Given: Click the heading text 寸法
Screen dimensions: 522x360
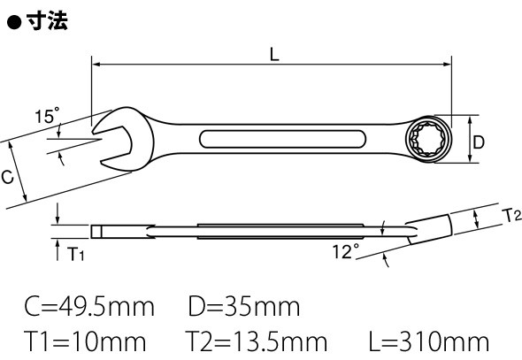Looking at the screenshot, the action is [47, 21].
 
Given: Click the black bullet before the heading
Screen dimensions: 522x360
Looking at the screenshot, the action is [14, 23].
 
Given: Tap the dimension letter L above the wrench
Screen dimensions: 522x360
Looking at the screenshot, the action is [274, 54].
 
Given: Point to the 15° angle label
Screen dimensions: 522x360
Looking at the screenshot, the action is [47, 116].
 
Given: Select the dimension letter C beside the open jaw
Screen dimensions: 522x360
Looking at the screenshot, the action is [7, 177].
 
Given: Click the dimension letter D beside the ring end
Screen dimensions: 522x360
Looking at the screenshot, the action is [479, 142].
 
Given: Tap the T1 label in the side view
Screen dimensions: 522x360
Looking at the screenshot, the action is [76, 254].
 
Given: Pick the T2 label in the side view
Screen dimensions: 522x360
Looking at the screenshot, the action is [511, 216].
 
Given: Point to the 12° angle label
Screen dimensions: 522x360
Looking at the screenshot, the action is [346, 251].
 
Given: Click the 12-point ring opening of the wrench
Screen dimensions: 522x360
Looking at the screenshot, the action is [428, 140].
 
